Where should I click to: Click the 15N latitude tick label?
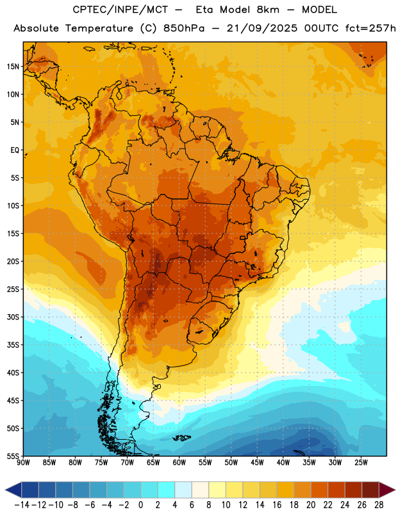pyautogui.click(x=13, y=67)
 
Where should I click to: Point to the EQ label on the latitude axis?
pyautogui.click(x=15, y=150)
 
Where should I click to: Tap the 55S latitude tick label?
pyautogui.click(x=13, y=456)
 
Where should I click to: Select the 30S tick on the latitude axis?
pyautogui.click(x=13, y=317)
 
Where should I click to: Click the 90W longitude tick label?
pyautogui.click(x=23, y=463)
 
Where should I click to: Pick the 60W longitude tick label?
pyautogui.click(x=179, y=463)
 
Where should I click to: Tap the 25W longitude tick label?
pyautogui.click(x=361, y=463)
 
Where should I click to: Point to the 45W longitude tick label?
pyautogui.click(x=257, y=463)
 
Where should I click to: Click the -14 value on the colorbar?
pyautogui.click(x=22, y=505)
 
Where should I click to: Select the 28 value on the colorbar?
pyautogui.click(x=379, y=505)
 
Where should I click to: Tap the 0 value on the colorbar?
pyautogui.click(x=141, y=505)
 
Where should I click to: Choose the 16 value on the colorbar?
pyautogui.click(x=277, y=505)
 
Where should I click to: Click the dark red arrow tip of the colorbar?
pyautogui.click(x=394, y=490)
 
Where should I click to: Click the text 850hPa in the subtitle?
pyautogui.click(x=184, y=28)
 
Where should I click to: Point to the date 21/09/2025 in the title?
pyautogui.click(x=262, y=28)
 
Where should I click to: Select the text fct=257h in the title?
pyautogui.click(x=370, y=28)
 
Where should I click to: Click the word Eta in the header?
pyautogui.click(x=204, y=10)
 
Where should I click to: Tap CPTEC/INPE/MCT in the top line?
pyautogui.click(x=120, y=10)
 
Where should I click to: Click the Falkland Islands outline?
pyautogui.click(x=181, y=438)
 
